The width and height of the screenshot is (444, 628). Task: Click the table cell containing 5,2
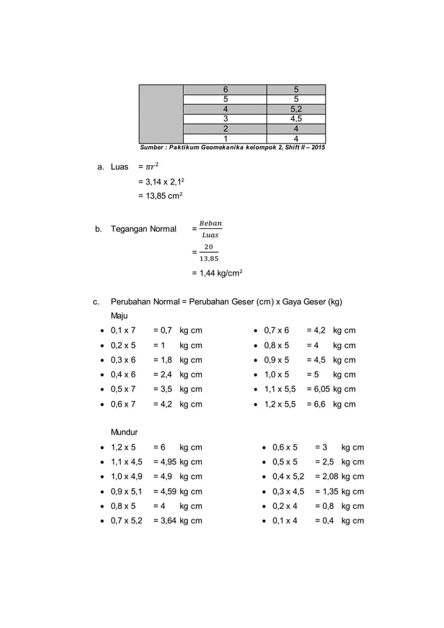click(x=296, y=109)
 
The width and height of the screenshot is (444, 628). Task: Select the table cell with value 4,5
click(x=296, y=119)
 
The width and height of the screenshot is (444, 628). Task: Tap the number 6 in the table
click(x=225, y=90)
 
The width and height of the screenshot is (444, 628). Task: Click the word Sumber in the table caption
click(x=152, y=148)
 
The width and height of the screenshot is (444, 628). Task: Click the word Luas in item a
click(x=120, y=168)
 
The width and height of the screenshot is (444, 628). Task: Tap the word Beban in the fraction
click(x=210, y=223)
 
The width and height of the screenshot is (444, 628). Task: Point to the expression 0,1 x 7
click(x=124, y=331)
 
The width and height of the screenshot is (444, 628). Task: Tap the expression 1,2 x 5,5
click(x=280, y=404)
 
